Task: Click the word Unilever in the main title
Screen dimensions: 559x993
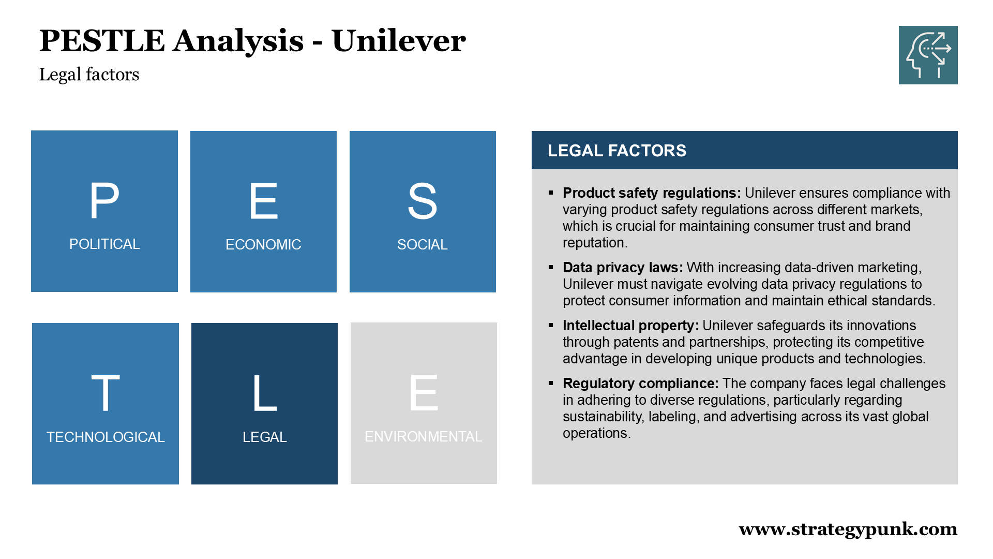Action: click(398, 41)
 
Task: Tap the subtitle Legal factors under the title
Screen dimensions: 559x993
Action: click(89, 75)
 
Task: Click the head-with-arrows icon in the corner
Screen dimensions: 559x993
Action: click(928, 55)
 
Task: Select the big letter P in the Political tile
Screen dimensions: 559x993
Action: click(104, 201)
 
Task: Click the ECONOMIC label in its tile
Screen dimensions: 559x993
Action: click(263, 244)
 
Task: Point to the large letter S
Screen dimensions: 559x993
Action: click(422, 201)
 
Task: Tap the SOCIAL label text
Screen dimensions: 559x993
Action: click(422, 244)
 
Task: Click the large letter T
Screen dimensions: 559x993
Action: click(106, 393)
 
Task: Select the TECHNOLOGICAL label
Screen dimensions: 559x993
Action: click(106, 437)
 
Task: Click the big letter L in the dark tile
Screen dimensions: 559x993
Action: click(264, 393)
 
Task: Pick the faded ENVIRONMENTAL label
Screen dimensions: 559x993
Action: click(423, 436)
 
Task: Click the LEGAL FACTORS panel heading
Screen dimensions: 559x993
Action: click(616, 151)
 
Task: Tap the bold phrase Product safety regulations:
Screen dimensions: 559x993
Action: click(651, 193)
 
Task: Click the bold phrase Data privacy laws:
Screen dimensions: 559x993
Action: click(622, 268)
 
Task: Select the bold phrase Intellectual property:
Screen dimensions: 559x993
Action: click(630, 326)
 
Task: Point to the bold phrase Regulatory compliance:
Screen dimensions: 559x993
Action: click(640, 384)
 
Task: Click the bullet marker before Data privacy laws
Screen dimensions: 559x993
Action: click(551, 268)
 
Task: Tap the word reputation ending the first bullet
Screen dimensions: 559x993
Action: click(594, 243)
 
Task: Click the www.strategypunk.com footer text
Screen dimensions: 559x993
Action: click(848, 529)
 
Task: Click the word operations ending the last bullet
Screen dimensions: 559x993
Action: click(595, 433)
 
